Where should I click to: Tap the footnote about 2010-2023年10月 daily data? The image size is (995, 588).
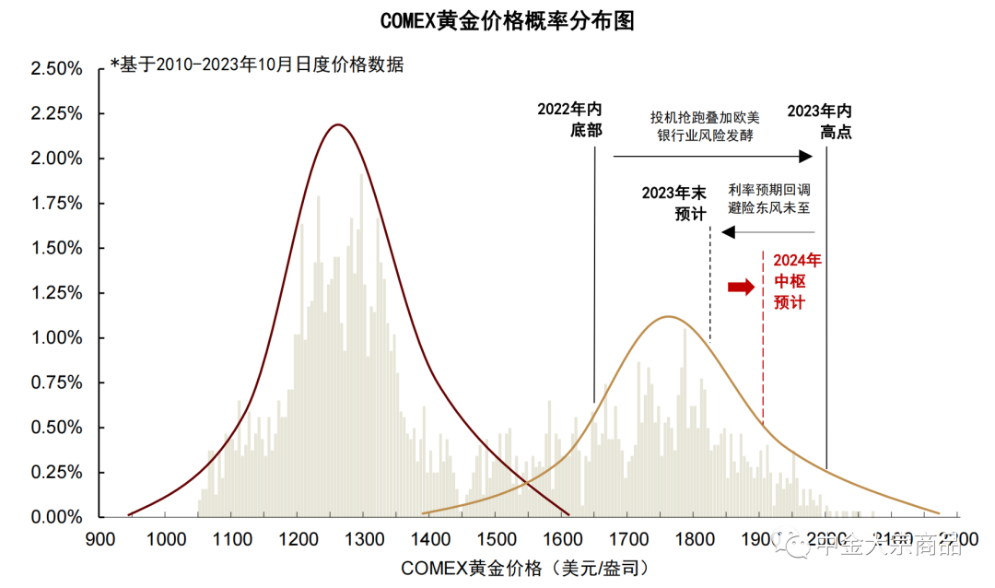[x=256, y=65]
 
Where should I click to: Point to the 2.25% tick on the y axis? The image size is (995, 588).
[x=57, y=113]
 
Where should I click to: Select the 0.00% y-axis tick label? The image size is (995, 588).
[x=57, y=517]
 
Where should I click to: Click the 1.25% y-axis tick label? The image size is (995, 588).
[x=57, y=293]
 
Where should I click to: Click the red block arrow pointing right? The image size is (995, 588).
[x=741, y=288]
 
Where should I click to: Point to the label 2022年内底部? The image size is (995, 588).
[x=569, y=120]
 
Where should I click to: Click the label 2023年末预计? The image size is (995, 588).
[x=674, y=204]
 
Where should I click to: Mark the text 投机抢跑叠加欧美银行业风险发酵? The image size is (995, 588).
[x=705, y=126]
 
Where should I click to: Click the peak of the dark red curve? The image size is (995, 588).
[x=338, y=124]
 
